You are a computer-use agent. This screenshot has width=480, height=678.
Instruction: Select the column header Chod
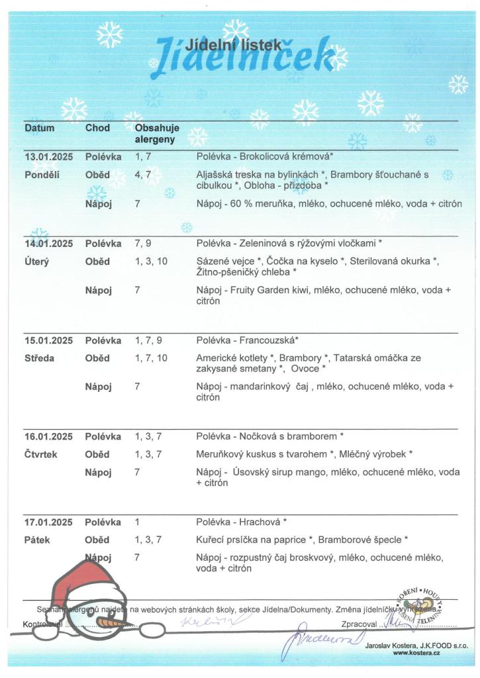(97, 128)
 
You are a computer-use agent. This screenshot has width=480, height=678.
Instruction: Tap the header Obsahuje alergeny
(157, 134)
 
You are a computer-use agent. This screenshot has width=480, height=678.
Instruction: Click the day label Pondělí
(42, 175)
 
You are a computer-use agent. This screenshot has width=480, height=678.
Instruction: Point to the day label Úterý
(37, 262)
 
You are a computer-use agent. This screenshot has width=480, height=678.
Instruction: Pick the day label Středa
(40, 358)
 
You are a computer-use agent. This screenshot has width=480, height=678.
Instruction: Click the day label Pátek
(37, 540)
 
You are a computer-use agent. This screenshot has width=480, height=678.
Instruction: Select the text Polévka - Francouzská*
(248, 340)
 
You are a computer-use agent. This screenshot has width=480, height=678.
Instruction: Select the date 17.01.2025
(48, 522)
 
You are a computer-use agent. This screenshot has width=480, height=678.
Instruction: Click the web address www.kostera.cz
(416, 653)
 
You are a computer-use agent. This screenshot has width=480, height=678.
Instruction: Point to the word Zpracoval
(359, 624)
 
